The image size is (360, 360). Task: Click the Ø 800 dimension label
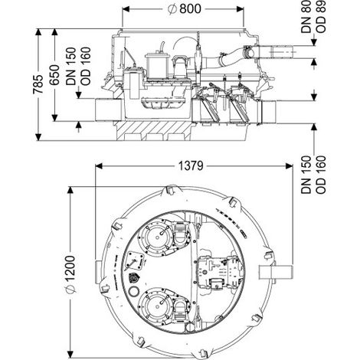pyautogui.click(x=185, y=9)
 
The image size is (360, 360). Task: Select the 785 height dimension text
pyautogui.click(x=38, y=84)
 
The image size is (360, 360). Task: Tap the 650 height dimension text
pyautogui.click(x=54, y=75)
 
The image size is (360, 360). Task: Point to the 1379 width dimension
pyautogui.click(x=191, y=166)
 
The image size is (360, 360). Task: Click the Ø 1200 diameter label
pyautogui.click(x=70, y=274)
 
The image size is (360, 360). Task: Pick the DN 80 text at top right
pyautogui.click(x=306, y=17)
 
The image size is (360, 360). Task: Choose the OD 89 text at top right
pyautogui.click(x=321, y=17)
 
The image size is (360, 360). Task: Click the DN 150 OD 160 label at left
pyautogui.click(x=78, y=66)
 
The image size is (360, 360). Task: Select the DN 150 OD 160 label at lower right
pyautogui.click(x=313, y=175)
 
